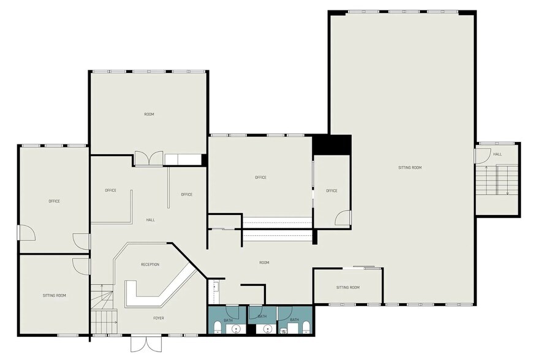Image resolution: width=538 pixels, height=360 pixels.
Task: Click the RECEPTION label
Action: coord(150,264)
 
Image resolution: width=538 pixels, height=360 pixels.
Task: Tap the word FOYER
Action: coord(158,318)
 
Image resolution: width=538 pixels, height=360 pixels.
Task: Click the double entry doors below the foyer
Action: coord(146,343)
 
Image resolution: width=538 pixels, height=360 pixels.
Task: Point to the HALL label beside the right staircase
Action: coord(497,154)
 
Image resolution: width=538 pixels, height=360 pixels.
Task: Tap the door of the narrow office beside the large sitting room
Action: coord(343,218)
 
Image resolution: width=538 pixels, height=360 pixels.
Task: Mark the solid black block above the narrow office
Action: coord(331,144)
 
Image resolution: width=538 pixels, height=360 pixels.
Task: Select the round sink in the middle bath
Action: coord(267,329)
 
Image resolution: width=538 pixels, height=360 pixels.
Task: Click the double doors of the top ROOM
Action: coord(148,159)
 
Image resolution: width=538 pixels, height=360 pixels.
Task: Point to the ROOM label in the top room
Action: coord(149,114)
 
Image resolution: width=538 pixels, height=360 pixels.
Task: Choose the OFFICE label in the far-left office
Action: coord(54,201)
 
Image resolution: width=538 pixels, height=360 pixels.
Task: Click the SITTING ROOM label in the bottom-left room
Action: coord(54,295)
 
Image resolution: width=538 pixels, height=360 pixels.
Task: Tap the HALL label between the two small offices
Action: coord(150,220)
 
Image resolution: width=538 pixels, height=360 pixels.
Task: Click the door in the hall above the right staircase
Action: coord(481,156)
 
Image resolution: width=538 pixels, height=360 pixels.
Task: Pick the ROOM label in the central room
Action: coord(264,263)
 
